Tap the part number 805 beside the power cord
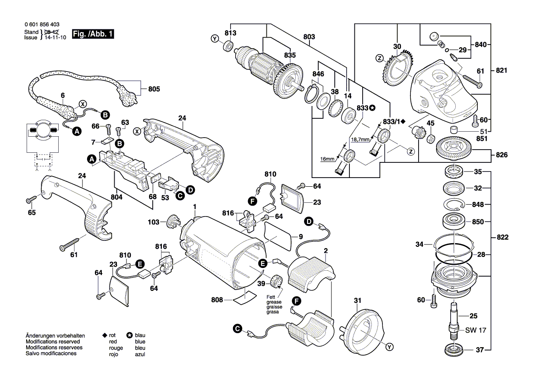[x=154, y=89]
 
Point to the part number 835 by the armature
[x=290, y=55]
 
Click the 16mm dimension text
[x=327, y=158]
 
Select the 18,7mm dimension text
[x=360, y=139]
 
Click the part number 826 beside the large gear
[x=501, y=155]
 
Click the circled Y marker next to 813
[x=215, y=39]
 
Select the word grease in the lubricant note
[x=274, y=302]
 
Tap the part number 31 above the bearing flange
[x=357, y=301]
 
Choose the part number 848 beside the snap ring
[x=478, y=204]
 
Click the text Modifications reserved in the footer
[x=53, y=342]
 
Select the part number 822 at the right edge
[x=502, y=238]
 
